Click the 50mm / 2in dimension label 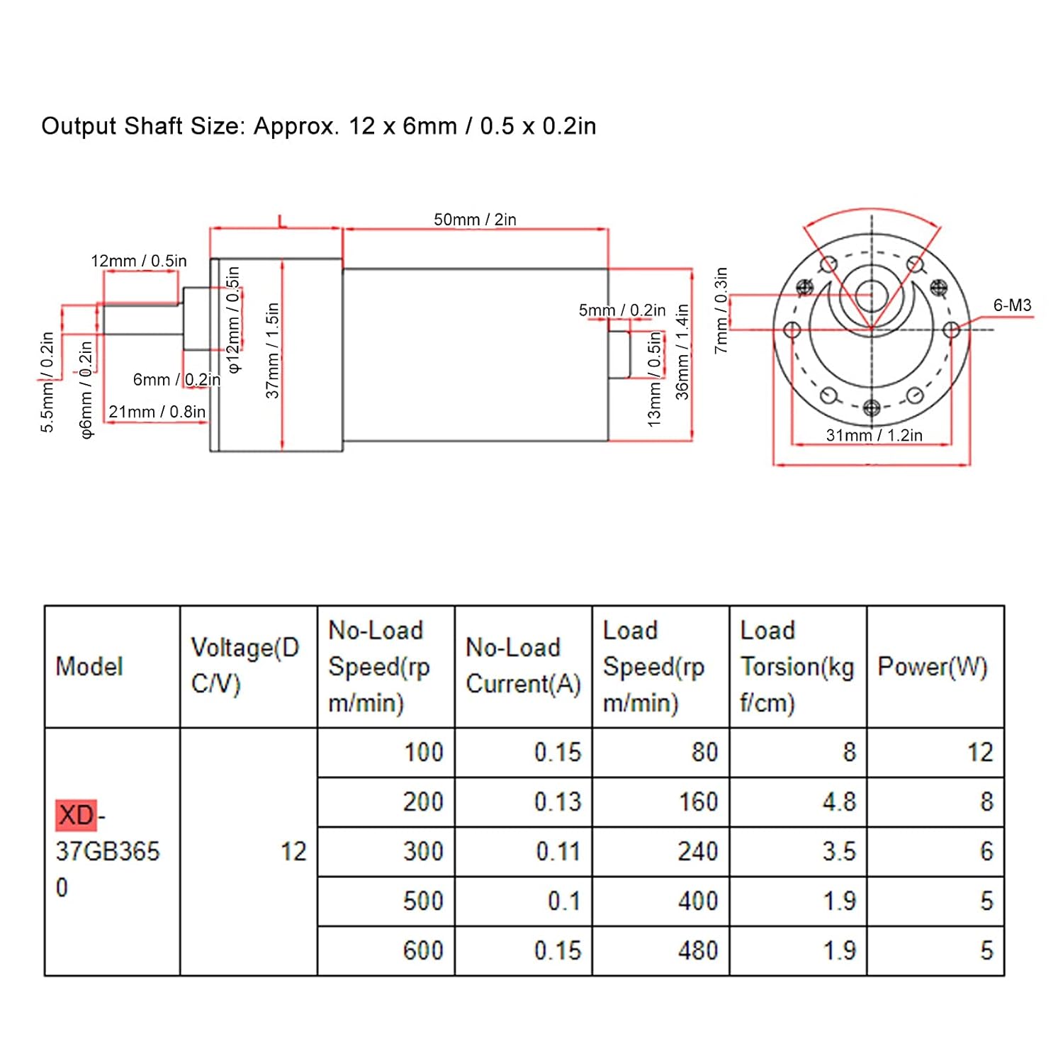click(475, 220)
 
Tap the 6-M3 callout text click(1012, 305)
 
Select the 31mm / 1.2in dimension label click(874, 435)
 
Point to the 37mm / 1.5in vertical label click(273, 351)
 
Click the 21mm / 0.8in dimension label click(157, 412)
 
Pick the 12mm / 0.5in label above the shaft click(139, 261)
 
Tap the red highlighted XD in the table click(76, 815)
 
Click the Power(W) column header click(933, 666)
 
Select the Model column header click(89, 666)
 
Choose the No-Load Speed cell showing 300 click(423, 851)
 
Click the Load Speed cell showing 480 click(698, 950)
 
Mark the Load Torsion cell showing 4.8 click(839, 802)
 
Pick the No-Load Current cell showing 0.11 click(558, 851)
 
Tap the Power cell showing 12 click(980, 752)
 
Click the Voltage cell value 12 click(293, 851)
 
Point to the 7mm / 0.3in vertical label click(721, 310)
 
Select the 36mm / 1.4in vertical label click(682, 352)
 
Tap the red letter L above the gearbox click(282, 221)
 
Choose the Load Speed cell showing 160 click(698, 802)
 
